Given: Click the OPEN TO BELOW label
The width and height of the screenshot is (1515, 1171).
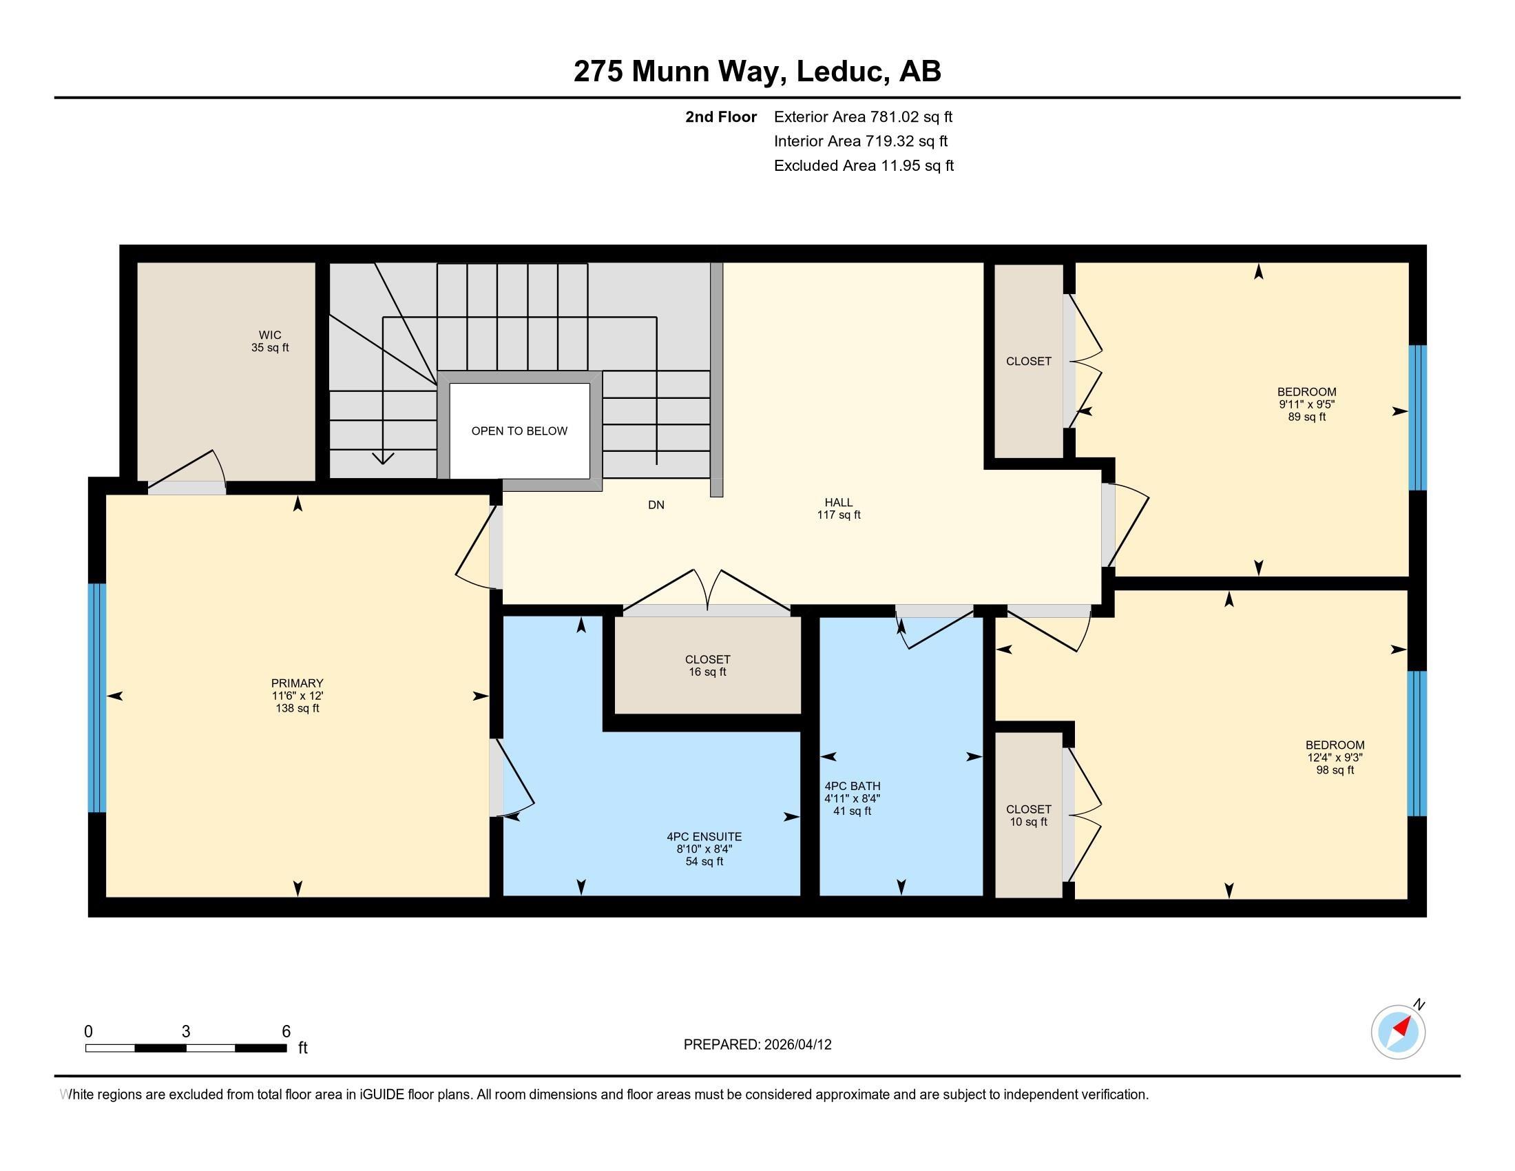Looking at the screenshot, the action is pos(519,431).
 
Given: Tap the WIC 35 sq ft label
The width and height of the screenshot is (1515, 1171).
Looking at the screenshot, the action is pos(270,341).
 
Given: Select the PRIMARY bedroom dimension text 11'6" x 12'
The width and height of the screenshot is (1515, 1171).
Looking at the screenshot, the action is pos(297,696).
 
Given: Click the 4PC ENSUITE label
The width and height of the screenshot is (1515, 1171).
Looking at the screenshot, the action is pos(704,837).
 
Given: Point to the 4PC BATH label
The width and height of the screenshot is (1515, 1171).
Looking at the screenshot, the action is pos(852,786).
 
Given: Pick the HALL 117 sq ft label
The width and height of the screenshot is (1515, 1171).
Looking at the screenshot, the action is pos(839,508).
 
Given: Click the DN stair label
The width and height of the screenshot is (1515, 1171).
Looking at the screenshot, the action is pos(656,505).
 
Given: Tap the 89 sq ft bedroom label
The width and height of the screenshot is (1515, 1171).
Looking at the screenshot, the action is pos(1307,417).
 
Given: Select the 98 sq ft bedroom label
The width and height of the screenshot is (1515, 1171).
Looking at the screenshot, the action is pos(1335,770).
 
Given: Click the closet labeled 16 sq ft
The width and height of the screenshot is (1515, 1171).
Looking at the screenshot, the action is pos(707,665).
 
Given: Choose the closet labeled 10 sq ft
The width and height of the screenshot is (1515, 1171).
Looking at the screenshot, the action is pos(1029,815).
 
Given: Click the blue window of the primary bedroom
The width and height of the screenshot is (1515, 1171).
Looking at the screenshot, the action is pos(97,697).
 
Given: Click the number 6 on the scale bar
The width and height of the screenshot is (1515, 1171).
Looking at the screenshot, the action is pos(286,1031).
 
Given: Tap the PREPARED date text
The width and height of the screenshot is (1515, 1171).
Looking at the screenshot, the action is pos(757,1045).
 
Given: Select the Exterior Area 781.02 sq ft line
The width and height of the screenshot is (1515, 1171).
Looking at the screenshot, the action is pos(863,116).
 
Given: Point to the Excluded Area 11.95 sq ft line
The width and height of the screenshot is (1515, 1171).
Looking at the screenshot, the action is pos(864,165).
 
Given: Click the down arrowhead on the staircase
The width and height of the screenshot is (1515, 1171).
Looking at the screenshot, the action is pos(383,459).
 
